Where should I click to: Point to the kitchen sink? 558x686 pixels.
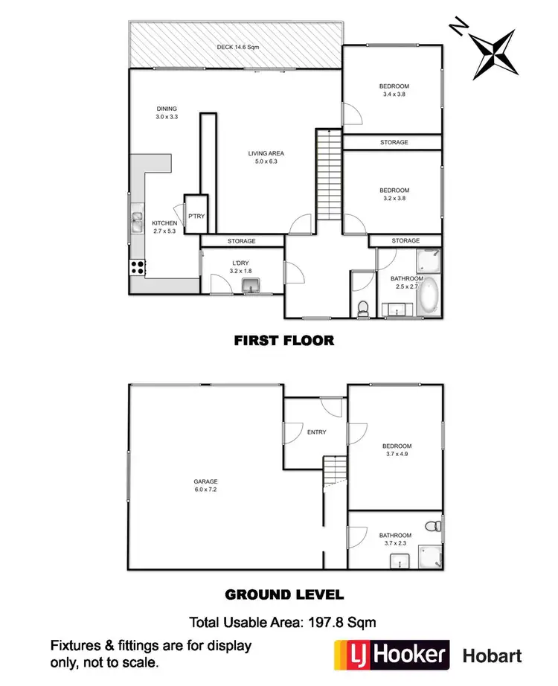click(x=138, y=222)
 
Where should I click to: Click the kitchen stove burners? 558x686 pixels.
click(x=138, y=266)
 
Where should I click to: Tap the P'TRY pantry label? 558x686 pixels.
click(x=196, y=217)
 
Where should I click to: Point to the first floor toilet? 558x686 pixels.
click(x=362, y=307)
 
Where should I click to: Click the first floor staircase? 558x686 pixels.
click(x=329, y=175)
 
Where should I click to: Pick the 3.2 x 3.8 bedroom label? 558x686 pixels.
click(x=395, y=194)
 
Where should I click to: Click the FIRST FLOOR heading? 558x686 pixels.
click(x=283, y=341)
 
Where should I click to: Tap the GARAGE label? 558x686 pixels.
click(x=206, y=486)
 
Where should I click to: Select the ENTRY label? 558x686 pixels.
click(x=316, y=432)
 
